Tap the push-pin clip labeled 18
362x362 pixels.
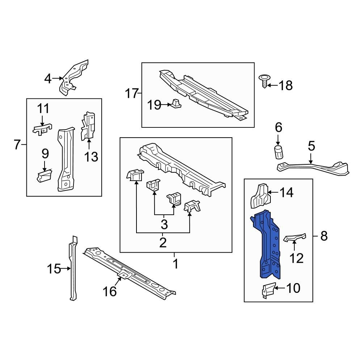265,82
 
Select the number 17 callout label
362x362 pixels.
132,94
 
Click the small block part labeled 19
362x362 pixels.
177,104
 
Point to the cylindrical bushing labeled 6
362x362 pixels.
278,153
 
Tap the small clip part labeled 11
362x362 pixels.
42,129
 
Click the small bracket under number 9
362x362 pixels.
44,176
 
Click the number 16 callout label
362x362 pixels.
110,291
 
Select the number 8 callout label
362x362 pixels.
324,236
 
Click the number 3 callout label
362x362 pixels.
164,224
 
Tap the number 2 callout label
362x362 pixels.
163,243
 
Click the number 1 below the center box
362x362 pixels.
175,264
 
